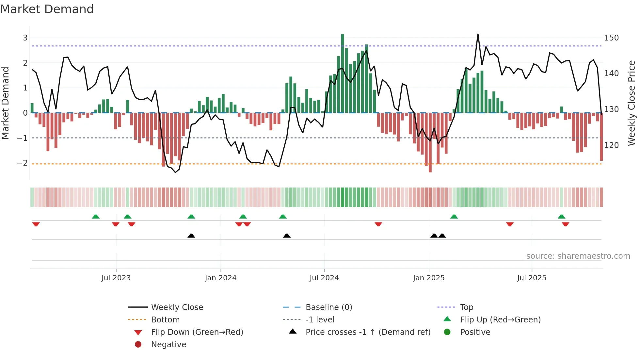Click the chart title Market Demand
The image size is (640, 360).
tap(47, 9)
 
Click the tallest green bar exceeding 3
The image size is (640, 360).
tap(343, 74)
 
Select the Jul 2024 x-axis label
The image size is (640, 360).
tap(324, 278)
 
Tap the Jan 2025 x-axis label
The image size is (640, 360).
tap(428, 278)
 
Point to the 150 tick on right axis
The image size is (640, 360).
tap(611, 38)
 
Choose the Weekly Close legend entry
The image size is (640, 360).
tap(177, 307)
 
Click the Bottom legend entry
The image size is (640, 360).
tap(165, 320)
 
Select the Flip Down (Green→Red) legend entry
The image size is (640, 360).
tap(197, 332)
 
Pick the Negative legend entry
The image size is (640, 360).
tap(168, 345)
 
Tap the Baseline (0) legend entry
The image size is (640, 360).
tap(328, 307)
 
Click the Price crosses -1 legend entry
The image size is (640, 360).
tap(368, 332)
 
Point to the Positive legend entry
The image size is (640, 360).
tap(475, 332)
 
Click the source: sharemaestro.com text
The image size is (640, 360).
tap(578, 256)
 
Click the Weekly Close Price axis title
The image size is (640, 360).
tap(632, 103)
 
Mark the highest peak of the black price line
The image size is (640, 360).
tap(478, 34)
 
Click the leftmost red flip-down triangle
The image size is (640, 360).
tap(36, 224)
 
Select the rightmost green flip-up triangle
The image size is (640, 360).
tap(561, 217)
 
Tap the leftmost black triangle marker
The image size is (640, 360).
tap(191, 236)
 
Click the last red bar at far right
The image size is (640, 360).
tap(601, 137)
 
